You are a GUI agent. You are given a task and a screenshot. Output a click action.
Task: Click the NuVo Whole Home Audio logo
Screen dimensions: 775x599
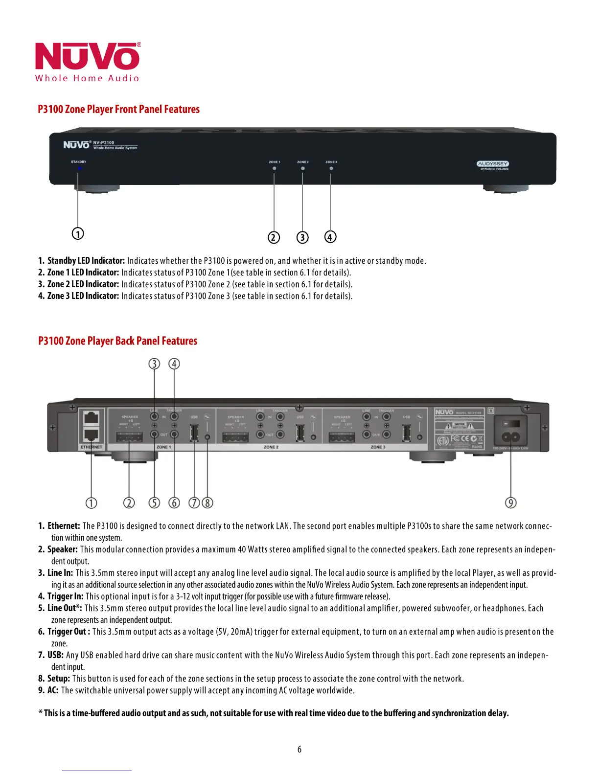pos(87,62)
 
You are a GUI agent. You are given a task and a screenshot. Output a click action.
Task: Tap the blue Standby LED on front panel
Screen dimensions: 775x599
pos(79,168)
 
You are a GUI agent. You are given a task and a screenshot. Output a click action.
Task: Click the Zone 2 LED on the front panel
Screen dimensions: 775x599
pos(302,168)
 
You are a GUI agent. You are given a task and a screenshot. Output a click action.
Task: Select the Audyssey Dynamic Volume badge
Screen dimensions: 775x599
pos(493,165)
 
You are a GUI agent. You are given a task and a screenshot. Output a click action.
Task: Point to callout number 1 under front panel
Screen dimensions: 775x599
pos(78,233)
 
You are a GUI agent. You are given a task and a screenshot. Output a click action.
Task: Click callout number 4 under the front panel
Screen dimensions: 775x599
pos(330,237)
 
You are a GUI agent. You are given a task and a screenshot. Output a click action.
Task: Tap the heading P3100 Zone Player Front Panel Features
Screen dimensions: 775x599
pos(118,109)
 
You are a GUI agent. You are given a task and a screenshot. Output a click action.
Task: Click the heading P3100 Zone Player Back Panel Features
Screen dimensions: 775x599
pos(117,341)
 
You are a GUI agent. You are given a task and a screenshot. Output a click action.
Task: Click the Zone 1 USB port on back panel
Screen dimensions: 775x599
pos(194,433)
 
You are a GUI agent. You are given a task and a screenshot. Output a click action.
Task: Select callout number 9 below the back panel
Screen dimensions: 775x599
pos(510,502)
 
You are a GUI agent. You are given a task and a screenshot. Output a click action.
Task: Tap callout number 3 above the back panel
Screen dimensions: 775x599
pos(154,364)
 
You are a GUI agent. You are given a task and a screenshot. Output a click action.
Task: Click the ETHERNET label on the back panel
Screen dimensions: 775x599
pos(92,447)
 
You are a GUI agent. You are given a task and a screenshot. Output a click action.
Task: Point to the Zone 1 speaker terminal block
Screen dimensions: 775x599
pos(129,437)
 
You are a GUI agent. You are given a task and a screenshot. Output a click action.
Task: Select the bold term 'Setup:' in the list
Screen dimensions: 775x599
pos(58,679)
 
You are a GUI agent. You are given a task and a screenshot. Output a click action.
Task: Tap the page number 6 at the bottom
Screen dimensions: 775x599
pos(299,750)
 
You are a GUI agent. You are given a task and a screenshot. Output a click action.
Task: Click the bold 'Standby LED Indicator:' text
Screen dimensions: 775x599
pos(86,261)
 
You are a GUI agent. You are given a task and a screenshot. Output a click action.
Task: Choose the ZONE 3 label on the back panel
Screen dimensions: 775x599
pos(378,447)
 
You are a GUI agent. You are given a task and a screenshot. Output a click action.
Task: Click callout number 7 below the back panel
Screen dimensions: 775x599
pos(194,502)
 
